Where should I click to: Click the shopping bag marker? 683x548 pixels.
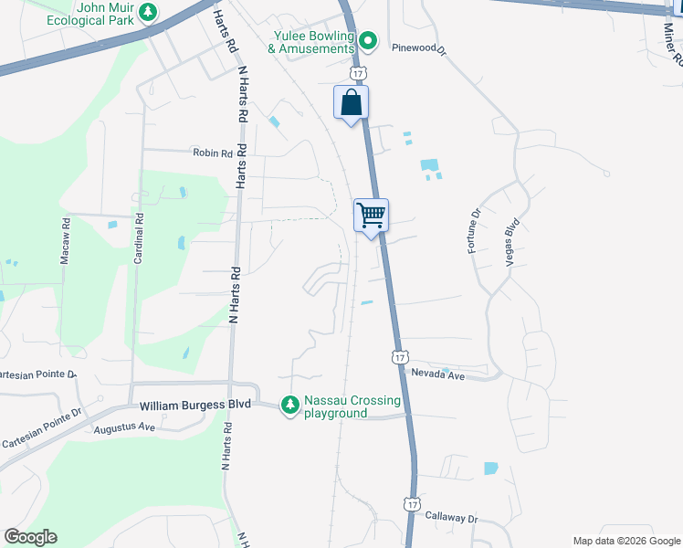click(x=351, y=102)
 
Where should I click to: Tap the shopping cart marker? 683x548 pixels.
click(x=372, y=216)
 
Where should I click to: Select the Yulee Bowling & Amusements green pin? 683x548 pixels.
click(x=367, y=39)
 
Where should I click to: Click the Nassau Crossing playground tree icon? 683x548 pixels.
click(x=289, y=404)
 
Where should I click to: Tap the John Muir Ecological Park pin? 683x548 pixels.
click(x=149, y=12)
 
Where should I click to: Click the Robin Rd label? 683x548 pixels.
click(x=212, y=153)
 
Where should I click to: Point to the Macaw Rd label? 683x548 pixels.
click(x=66, y=242)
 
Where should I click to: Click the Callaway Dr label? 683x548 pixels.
click(x=451, y=518)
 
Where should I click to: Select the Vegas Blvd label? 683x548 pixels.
click(x=511, y=241)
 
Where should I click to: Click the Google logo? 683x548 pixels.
click(x=30, y=537)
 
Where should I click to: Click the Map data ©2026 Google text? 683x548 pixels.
click(x=625, y=541)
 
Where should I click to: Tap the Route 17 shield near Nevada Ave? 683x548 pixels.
click(x=399, y=355)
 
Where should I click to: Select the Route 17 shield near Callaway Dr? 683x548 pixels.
click(x=413, y=504)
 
